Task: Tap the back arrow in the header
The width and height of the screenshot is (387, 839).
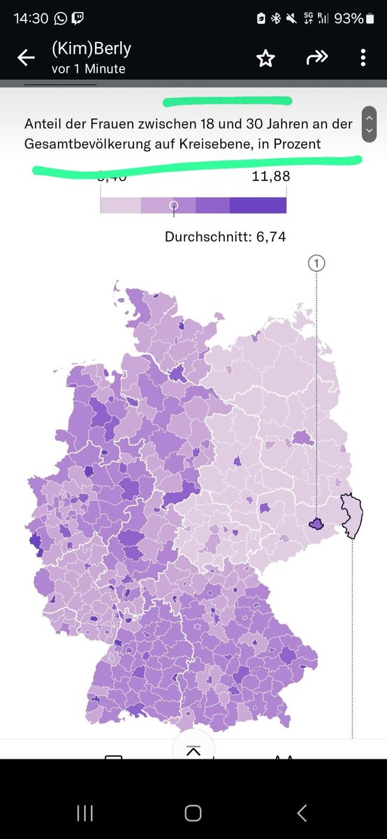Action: [x=26, y=58]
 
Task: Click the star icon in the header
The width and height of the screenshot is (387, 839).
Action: [x=265, y=58]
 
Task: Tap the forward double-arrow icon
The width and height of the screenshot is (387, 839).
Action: [x=316, y=58]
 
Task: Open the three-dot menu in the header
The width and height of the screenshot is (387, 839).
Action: [x=363, y=58]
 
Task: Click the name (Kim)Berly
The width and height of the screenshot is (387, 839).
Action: [x=91, y=50]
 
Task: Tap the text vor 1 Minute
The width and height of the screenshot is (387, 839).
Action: [x=88, y=69]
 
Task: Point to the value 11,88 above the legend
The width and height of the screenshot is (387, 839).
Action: [x=270, y=177]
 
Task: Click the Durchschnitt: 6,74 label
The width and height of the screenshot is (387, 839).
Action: [x=225, y=237]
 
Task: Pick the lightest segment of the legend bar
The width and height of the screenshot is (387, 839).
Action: [x=120, y=205]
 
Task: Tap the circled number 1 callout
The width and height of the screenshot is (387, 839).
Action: [x=316, y=263]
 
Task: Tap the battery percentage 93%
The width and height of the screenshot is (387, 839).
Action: [x=348, y=19]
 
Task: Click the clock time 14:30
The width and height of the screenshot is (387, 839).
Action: [x=31, y=19]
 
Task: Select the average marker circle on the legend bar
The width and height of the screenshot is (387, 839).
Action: [x=174, y=205]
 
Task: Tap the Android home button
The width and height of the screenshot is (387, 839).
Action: [x=193, y=812]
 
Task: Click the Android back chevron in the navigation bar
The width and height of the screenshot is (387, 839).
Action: [x=302, y=812]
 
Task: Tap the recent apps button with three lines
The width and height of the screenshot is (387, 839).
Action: [x=85, y=812]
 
